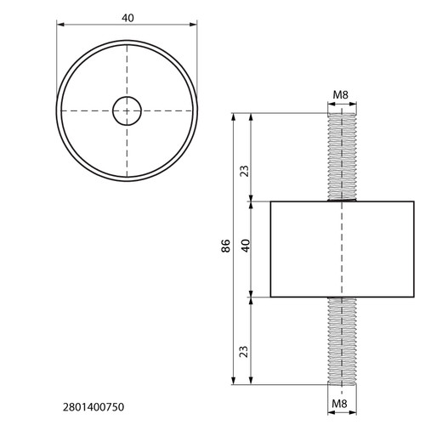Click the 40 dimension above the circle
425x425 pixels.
(x=127, y=18)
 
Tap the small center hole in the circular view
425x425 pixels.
(x=127, y=110)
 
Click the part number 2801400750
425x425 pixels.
(x=93, y=407)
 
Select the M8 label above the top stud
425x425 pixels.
(x=341, y=94)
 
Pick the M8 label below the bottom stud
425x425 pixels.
(x=339, y=404)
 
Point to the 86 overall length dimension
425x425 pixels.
(x=226, y=246)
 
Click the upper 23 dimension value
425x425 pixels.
(x=244, y=171)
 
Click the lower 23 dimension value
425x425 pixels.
(x=244, y=351)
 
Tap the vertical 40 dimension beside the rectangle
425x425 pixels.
(x=246, y=246)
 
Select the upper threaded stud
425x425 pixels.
(x=342, y=157)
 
